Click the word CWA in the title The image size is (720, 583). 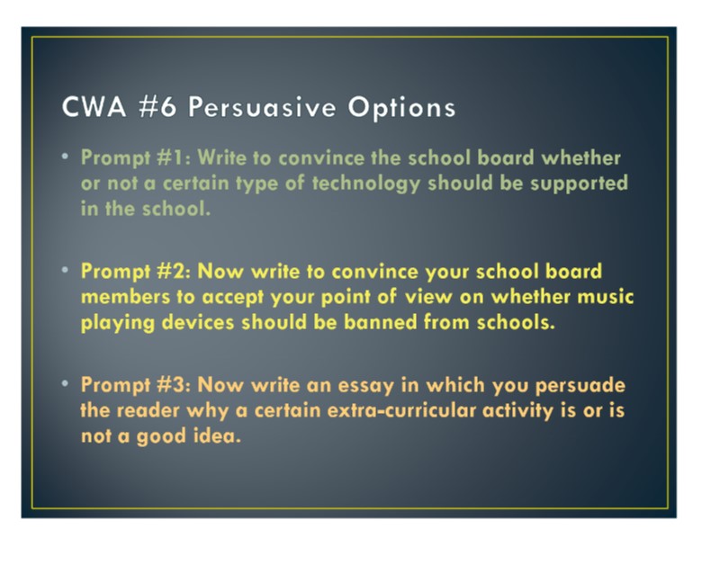click(94, 107)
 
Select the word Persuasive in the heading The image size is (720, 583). click(262, 107)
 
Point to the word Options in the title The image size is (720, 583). click(401, 108)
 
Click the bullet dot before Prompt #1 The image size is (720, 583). click(65, 157)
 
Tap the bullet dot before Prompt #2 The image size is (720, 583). click(65, 270)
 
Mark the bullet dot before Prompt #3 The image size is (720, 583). click(65, 383)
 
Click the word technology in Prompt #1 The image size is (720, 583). click(366, 184)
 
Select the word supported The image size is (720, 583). click(579, 184)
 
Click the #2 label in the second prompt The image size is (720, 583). click(174, 271)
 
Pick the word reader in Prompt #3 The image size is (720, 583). click(148, 410)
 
